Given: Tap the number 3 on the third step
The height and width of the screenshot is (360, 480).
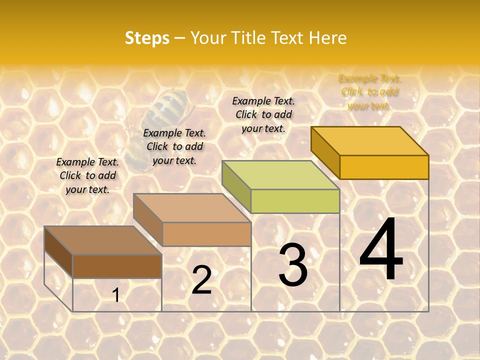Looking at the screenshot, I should click(293, 265).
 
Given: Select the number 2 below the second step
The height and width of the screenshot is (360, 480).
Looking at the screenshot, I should click(201, 280).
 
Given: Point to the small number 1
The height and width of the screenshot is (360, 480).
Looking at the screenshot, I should click(115, 295).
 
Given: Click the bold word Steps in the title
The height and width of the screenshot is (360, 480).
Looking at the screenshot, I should click(147, 38).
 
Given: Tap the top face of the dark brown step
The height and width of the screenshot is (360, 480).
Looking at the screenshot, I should click(103, 240).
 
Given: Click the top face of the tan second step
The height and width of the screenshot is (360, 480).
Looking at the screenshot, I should click(191, 207).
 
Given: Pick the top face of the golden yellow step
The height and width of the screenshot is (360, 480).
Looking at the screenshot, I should click(370, 141).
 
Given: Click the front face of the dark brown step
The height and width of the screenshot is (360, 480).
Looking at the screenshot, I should click(117, 266).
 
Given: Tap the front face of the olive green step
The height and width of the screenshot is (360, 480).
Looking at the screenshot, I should click(295, 201).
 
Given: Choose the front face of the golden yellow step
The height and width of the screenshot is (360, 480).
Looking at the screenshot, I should click(384, 167).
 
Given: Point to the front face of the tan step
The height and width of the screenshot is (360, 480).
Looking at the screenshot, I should click(206, 234).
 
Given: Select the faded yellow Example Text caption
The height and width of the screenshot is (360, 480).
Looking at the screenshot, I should click(369, 92).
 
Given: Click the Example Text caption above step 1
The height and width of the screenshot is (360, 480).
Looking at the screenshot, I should click(87, 175).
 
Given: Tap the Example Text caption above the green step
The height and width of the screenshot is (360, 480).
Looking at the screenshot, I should click(263, 114).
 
